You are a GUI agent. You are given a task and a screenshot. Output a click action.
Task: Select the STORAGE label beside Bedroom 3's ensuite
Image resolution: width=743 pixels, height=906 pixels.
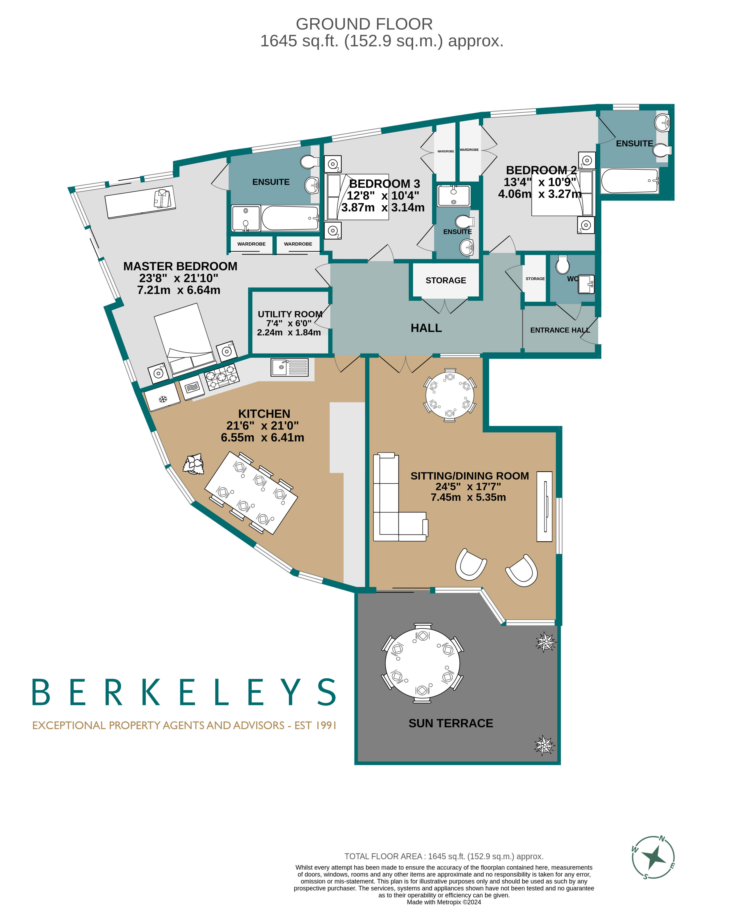point(446,280)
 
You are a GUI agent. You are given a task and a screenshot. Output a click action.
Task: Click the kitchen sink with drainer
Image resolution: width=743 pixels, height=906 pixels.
point(289,367)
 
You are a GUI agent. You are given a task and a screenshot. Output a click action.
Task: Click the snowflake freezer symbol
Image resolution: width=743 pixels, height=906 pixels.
point(163,399)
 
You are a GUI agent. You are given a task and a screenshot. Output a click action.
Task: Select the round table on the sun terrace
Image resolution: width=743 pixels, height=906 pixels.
point(422,663)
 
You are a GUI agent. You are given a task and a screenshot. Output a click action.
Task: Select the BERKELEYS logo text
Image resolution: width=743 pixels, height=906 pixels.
point(184,692)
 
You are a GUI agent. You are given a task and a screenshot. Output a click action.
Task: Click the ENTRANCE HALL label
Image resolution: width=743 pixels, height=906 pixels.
point(559,330)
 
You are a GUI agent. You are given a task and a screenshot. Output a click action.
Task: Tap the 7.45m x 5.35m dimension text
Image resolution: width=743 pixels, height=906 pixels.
point(468,497)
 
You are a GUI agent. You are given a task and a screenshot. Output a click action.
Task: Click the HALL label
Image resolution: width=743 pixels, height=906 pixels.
point(426,328)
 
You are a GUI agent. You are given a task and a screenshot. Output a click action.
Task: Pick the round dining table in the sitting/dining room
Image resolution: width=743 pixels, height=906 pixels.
point(449,395)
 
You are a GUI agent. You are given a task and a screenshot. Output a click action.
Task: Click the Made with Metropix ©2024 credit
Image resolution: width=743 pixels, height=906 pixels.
point(444,902)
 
